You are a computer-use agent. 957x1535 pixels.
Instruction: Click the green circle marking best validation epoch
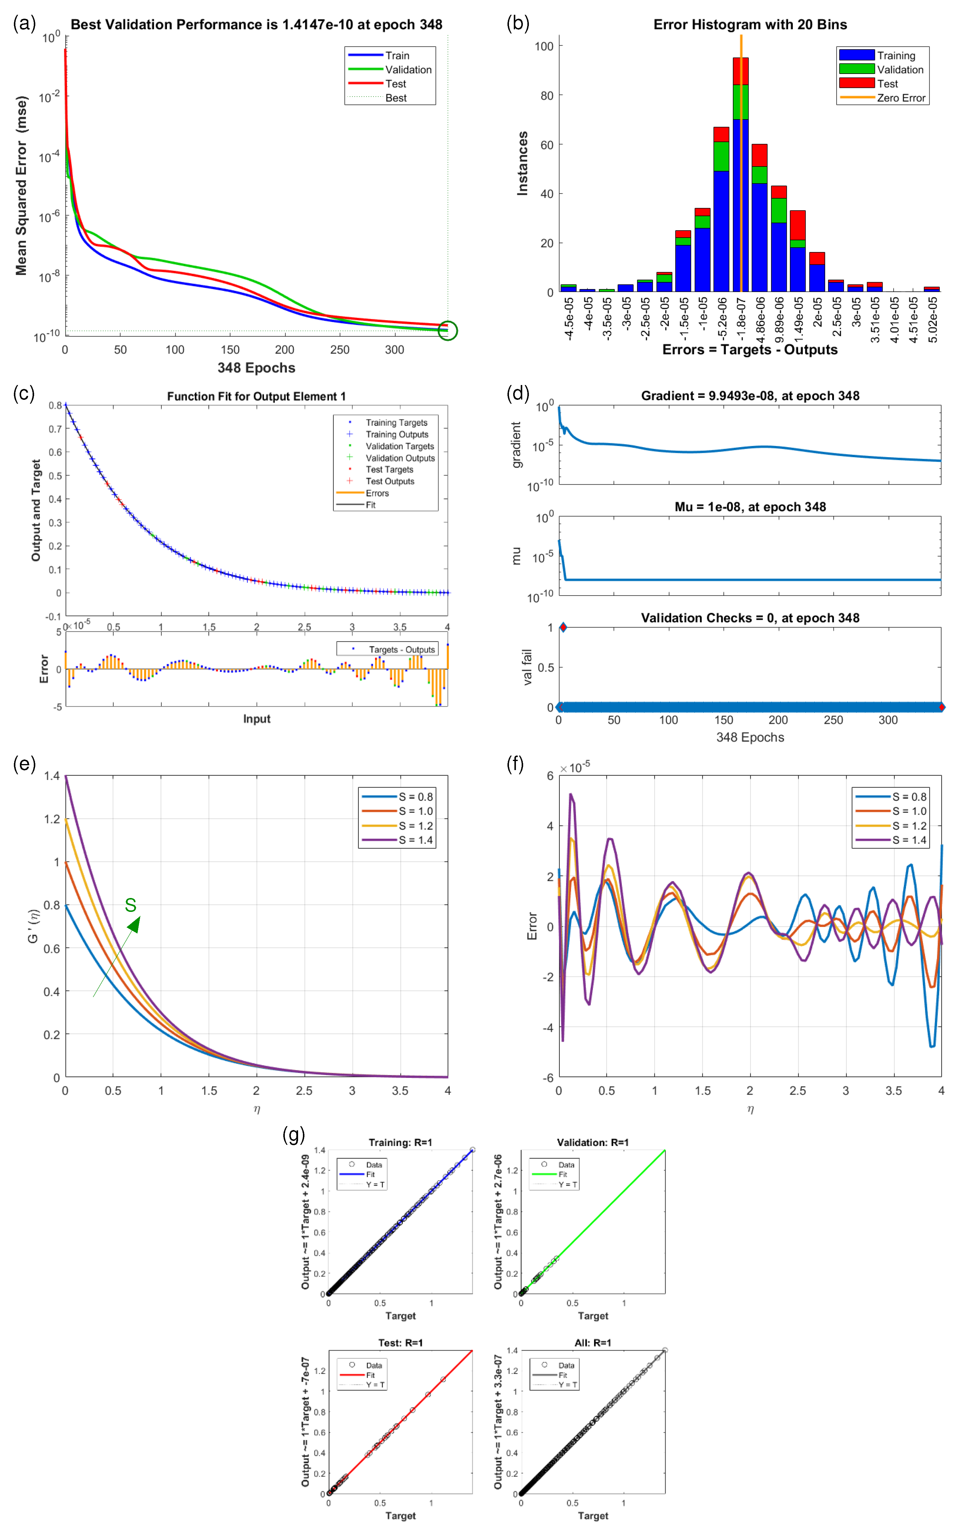(447, 330)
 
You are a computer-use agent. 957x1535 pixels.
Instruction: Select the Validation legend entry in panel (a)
(408, 70)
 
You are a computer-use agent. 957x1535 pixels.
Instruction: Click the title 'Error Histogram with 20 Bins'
(750, 25)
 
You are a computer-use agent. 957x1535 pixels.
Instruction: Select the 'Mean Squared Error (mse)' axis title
(21, 186)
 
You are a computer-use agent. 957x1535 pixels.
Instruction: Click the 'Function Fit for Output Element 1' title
(256, 396)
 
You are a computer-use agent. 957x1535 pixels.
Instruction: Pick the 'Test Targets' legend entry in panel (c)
(389, 470)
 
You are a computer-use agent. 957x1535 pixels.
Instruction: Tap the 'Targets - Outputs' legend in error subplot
(401, 649)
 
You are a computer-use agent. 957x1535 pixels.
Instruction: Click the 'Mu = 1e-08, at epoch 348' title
(750, 506)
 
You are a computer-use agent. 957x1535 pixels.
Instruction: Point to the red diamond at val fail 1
(563, 627)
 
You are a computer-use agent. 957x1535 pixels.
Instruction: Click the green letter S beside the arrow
(130, 905)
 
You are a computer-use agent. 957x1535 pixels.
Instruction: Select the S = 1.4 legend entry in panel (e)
(415, 840)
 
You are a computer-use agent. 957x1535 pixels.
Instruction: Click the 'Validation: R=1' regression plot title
(593, 1142)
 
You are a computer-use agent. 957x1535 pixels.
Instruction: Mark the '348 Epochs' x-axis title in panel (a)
(256, 368)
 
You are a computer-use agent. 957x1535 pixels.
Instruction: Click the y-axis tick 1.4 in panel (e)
(52, 776)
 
